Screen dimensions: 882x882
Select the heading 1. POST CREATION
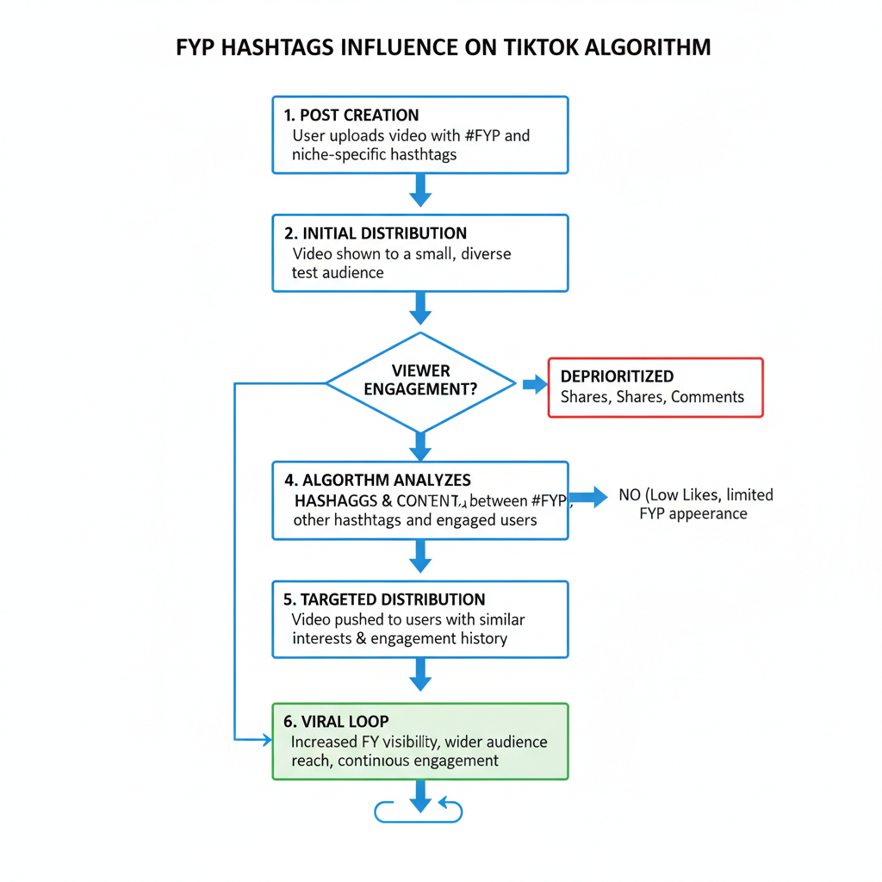(351, 115)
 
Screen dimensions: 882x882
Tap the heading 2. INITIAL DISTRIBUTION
(375, 233)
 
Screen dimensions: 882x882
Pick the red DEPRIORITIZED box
(655, 388)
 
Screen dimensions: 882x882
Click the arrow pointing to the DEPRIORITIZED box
(535, 384)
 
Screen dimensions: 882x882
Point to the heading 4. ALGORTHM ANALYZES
(377, 481)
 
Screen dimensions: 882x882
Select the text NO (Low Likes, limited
(696, 495)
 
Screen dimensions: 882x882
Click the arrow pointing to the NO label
(588, 496)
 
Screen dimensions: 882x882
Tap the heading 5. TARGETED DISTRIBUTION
(384, 599)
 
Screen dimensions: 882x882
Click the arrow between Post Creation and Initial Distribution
(420, 189)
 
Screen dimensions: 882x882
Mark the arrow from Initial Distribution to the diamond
(420, 307)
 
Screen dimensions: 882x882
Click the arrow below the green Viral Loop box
(420, 797)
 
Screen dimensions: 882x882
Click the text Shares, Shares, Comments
(652, 397)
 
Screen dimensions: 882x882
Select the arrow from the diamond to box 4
(420, 446)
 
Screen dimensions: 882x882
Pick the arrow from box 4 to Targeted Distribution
(420, 556)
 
